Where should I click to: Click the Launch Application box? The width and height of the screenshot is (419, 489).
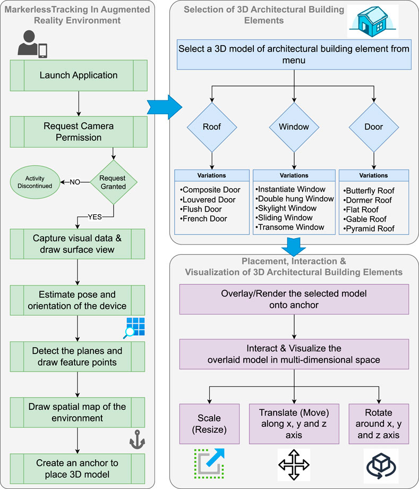click(x=79, y=75)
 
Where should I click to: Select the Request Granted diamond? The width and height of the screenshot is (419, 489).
click(x=114, y=182)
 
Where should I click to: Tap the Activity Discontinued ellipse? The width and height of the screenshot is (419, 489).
click(x=35, y=182)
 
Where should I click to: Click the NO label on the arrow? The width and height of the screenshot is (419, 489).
click(x=75, y=182)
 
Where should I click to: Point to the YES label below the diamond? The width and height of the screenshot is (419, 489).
click(x=95, y=217)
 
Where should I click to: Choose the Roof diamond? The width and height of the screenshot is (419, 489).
click(x=212, y=127)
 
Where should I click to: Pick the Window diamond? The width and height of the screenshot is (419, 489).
click(x=294, y=127)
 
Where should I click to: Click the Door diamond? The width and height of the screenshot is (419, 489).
click(x=374, y=127)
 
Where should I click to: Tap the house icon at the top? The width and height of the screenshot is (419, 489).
click(x=373, y=21)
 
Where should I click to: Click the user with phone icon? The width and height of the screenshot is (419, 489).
click(x=32, y=44)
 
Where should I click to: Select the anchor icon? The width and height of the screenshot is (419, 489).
click(x=137, y=440)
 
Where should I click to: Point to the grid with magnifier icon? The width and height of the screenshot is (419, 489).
click(x=134, y=328)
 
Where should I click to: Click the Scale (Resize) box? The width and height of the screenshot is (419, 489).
click(x=209, y=424)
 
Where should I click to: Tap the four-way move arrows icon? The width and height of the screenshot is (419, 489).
click(x=294, y=465)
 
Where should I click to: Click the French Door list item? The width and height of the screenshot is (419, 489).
click(x=203, y=218)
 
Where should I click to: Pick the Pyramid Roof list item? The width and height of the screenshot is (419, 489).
click(x=369, y=229)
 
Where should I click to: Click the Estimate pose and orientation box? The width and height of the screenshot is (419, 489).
click(x=77, y=300)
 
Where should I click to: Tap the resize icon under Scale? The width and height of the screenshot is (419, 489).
click(x=209, y=463)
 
